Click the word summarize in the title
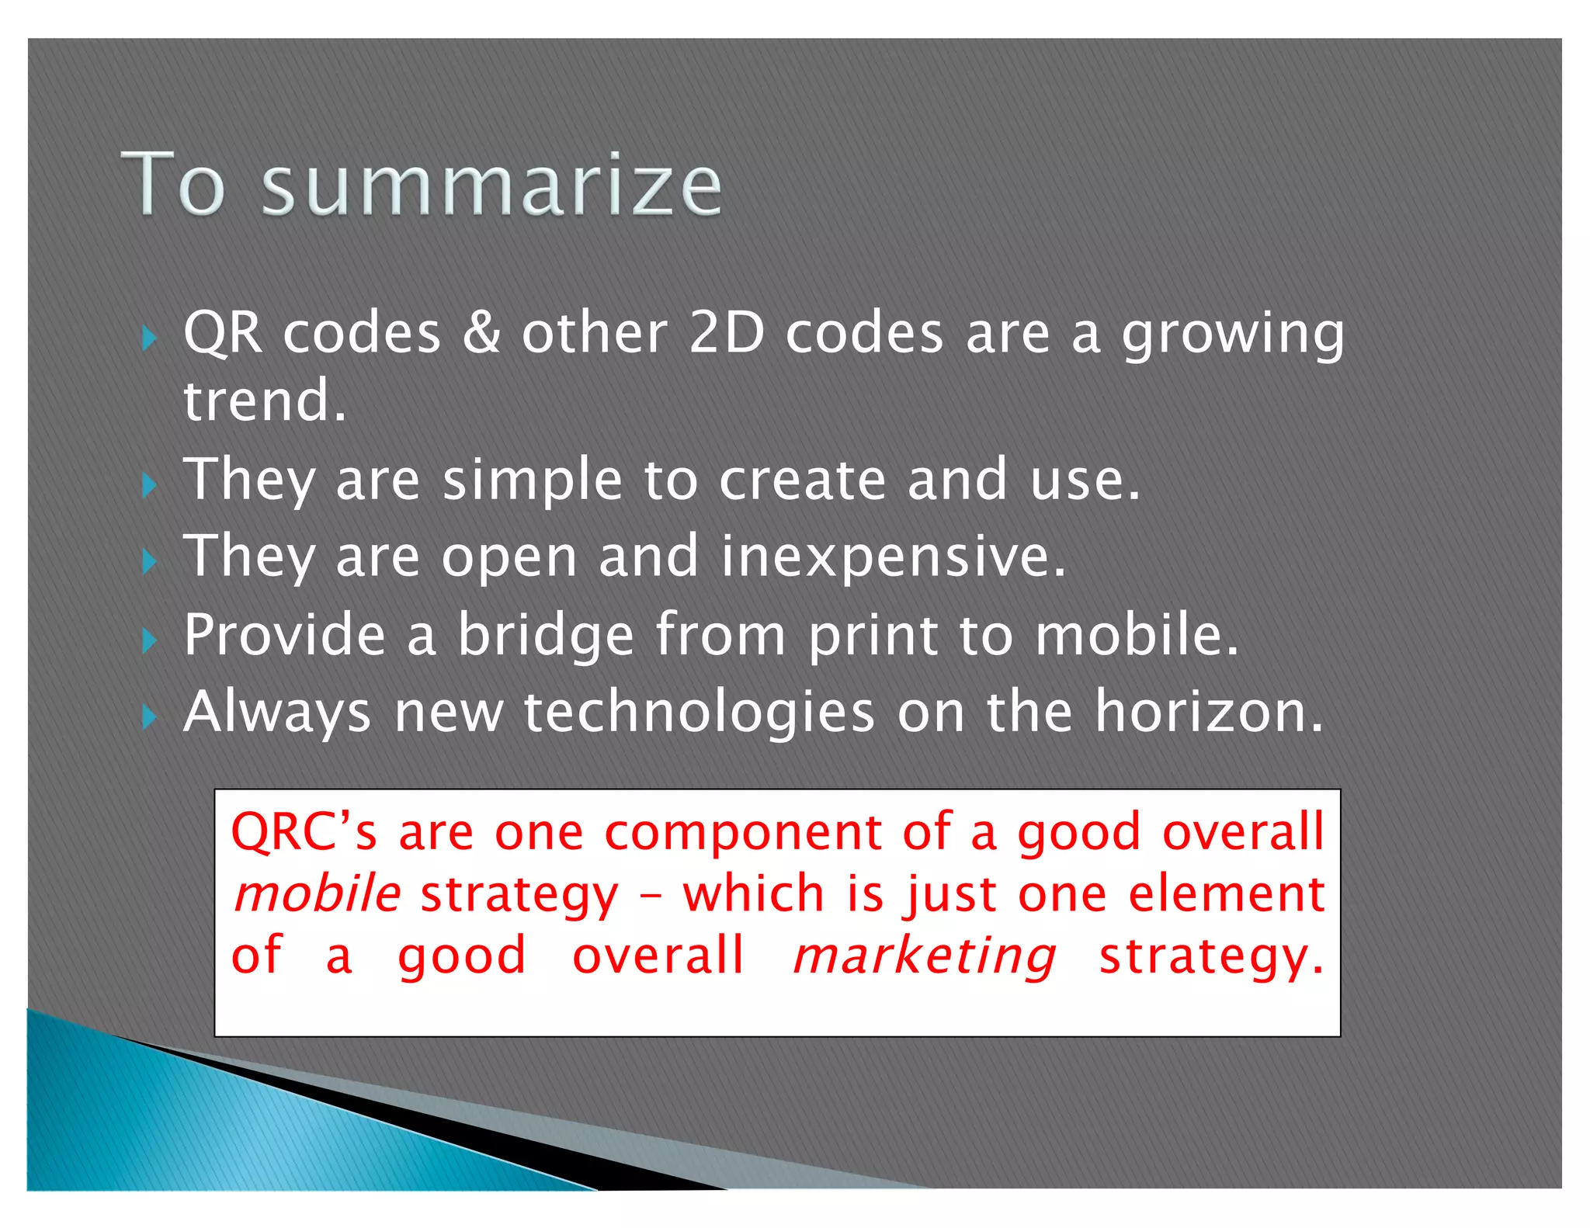coord(491,186)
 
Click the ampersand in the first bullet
coord(481,333)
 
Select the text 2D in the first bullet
coord(727,333)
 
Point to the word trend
coord(264,401)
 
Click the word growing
coord(1233,335)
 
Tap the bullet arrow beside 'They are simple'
coord(149,485)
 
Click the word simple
coord(532,481)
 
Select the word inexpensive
coord(893,558)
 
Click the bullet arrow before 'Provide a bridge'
coord(149,641)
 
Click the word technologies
coord(699,713)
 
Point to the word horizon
coord(1208,713)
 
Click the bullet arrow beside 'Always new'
coord(149,717)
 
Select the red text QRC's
coord(304,833)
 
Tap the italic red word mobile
coord(317,894)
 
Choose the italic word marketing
coord(924,956)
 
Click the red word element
coord(1226,894)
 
